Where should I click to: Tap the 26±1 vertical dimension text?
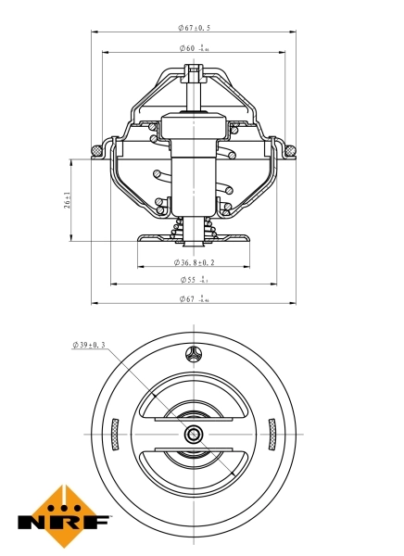68,201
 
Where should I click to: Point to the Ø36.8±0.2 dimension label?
193,262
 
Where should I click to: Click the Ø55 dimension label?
193,279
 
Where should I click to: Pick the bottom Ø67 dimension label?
193,298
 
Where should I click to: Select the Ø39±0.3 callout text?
89,345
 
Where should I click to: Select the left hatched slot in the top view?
115,432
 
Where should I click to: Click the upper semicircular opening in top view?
193,394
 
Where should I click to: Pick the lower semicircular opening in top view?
193,473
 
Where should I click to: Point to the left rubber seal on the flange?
96,150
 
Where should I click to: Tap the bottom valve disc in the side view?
193,239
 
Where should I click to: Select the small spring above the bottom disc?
193,226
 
